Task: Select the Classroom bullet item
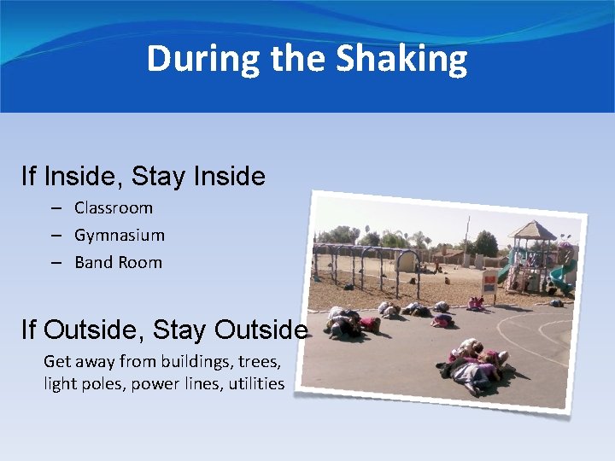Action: (114, 207)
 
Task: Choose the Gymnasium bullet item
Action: (120, 235)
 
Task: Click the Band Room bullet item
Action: (118, 262)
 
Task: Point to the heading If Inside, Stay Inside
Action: (143, 177)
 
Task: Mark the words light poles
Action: (81, 383)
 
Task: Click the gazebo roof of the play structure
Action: (531, 230)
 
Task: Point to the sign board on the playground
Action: (489, 283)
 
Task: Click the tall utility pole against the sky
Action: (467, 235)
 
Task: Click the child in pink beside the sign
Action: (475, 302)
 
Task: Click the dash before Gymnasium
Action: (56, 235)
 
